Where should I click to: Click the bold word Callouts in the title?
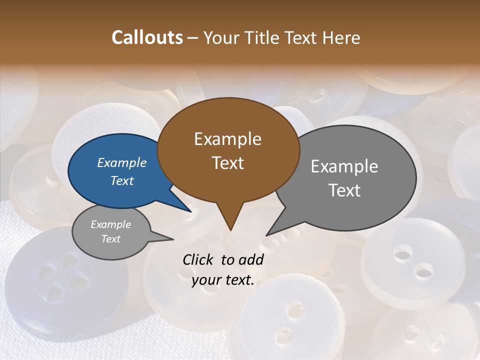click(x=147, y=37)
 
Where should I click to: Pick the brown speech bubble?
click(x=228, y=150)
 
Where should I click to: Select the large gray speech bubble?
click(x=350, y=177)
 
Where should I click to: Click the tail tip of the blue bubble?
click(x=191, y=211)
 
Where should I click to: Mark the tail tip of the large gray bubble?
click(x=266, y=235)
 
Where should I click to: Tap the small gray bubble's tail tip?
click(x=173, y=239)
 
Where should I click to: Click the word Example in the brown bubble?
click(x=227, y=139)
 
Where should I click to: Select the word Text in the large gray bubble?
click(x=344, y=190)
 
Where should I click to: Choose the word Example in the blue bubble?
click(x=121, y=163)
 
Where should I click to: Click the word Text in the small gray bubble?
click(x=111, y=239)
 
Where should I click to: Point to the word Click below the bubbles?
click(x=198, y=259)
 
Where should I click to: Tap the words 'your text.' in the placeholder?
click(x=223, y=280)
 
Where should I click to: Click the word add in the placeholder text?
click(x=251, y=259)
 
